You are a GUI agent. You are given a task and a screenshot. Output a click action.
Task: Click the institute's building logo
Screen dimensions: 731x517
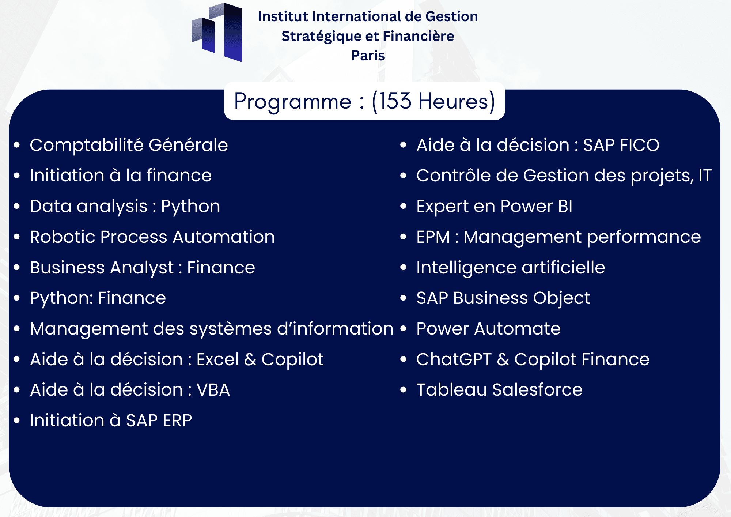tap(217, 32)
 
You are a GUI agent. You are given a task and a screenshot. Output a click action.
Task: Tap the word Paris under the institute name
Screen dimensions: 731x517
tap(368, 56)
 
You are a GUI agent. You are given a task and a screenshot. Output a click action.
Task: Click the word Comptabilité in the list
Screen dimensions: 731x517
tap(87, 145)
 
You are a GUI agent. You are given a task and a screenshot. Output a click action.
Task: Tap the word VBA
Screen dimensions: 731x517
tap(213, 390)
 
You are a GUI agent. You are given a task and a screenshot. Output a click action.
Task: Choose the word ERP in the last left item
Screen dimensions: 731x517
tap(177, 420)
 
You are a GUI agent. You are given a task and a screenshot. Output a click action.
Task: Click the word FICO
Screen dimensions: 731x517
tap(640, 145)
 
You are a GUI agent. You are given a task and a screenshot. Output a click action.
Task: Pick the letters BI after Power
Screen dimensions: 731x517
tap(565, 206)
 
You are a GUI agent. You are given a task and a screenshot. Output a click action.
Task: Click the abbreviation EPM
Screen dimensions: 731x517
tap(433, 237)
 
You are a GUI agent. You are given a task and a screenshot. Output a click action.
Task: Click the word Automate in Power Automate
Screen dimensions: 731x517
tap(518, 329)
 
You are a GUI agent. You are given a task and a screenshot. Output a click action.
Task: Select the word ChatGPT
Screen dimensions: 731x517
tap(454, 359)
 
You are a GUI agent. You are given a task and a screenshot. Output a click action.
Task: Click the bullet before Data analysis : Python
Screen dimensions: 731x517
tap(16, 206)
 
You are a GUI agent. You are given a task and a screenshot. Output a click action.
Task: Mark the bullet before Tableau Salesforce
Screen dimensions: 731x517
tap(403, 390)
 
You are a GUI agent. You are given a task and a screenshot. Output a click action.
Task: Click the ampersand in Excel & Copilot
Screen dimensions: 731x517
tap(250, 359)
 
